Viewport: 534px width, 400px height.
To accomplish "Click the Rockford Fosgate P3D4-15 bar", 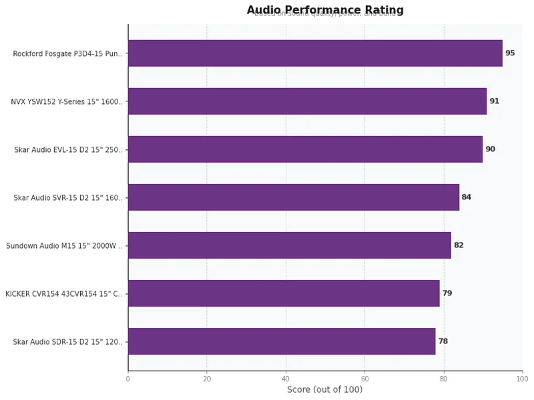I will pos(314,53).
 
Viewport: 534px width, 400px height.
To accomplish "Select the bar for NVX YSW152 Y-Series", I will pos(307,101).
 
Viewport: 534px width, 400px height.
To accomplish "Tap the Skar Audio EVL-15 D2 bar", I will pos(305,149).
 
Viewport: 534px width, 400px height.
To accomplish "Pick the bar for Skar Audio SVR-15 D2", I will pos(293,197).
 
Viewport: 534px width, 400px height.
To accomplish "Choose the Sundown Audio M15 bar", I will pos(289,245).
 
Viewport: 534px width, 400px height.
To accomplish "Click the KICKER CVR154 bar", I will pos(284,293).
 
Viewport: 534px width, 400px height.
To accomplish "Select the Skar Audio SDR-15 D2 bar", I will pos(281,341).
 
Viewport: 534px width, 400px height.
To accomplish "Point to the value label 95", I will pos(510,53).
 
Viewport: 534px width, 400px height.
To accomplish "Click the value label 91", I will pos(494,101).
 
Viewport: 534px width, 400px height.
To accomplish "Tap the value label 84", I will pos(467,197).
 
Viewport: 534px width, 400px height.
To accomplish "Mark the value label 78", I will pos(443,341).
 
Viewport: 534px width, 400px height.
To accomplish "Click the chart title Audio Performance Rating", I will pos(325,10).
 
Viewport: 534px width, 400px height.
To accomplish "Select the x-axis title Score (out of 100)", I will pos(325,389).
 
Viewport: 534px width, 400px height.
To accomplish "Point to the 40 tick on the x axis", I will pos(286,379).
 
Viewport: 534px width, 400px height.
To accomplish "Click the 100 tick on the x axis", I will pos(522,379).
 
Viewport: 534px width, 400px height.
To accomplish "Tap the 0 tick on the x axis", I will pos(128,379).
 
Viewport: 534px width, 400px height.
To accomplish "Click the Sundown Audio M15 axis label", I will pos(65,246).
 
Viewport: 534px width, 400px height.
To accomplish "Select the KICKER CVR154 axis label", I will pos(64,294).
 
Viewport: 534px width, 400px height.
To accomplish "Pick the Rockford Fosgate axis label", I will pos(68,54).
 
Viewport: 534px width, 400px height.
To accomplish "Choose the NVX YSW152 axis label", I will pos(67,102).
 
